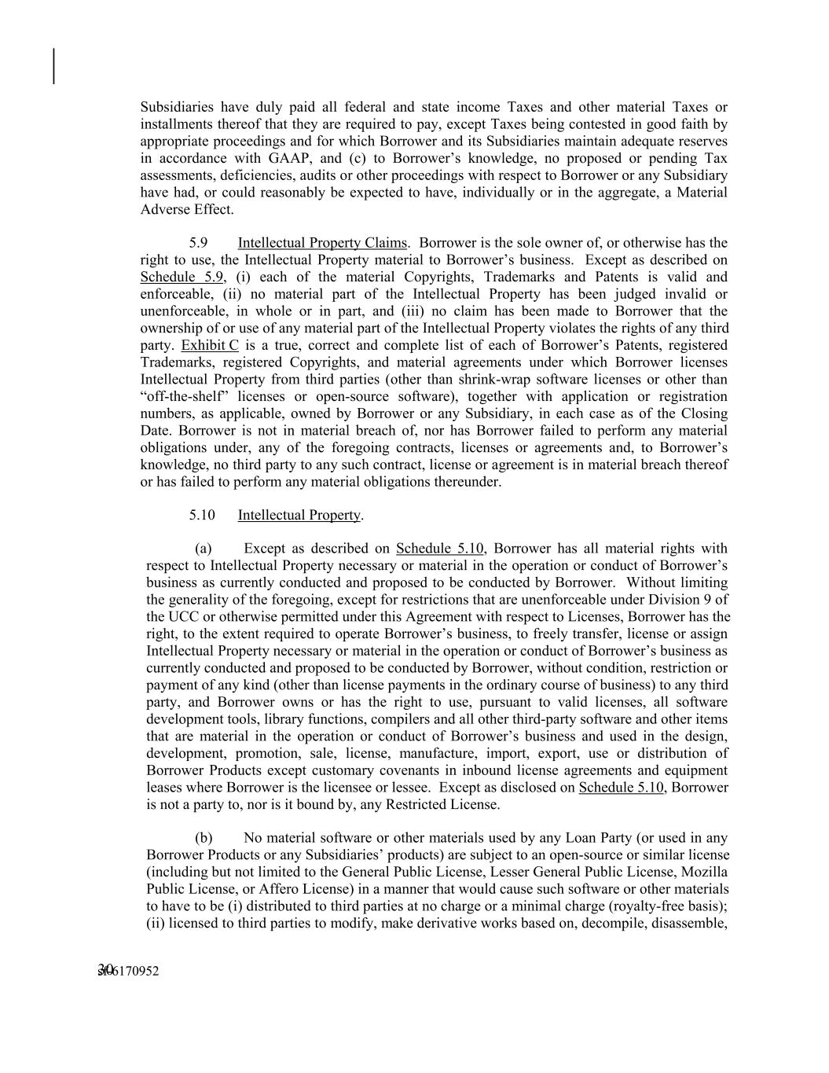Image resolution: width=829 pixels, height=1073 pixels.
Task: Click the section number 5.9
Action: pyautogui.click(x=198, y=243)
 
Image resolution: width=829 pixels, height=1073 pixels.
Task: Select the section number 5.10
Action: pyautogui.click(x=201, y=515)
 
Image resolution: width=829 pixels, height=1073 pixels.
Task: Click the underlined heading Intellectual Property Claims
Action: pyautogui.click(x=322, y=243)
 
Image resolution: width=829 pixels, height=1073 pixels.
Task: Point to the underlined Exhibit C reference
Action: pyautogui.click(x=210, y=345)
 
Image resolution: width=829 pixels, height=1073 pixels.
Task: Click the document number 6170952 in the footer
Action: pyautogui.click(x=134, y=972)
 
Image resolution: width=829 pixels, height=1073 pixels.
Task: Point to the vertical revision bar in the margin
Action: pyautogui.click(x=54, y=66)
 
